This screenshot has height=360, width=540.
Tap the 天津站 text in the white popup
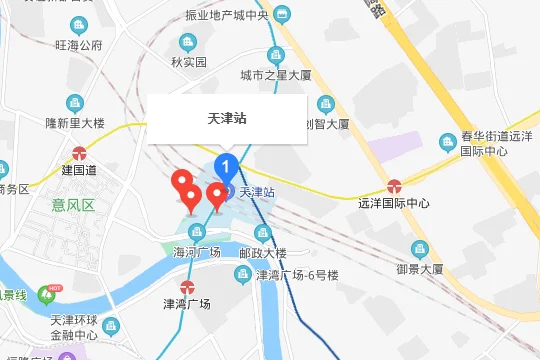click(227, 118)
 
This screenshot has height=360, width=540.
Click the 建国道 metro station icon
click(79, 153)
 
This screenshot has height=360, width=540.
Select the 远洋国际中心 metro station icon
click(395, 185)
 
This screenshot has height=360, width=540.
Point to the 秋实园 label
click(187, 62)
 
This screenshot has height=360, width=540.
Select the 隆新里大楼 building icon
click(74, 103)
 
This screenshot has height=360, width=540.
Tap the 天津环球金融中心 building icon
click(111, 326)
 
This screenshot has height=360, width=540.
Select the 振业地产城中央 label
click(228, 15)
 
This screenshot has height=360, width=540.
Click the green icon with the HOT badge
click(45, 294)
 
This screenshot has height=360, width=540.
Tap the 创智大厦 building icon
click(324, 104)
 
